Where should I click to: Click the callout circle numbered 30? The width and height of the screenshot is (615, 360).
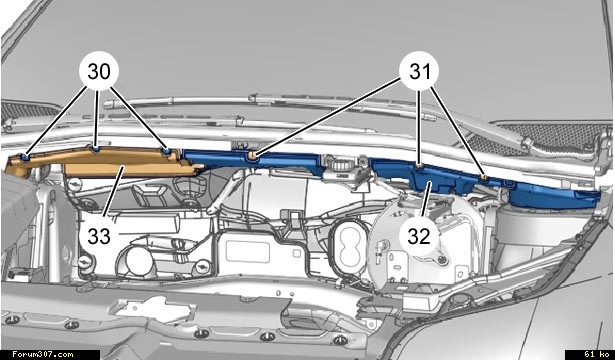tap(98, 71)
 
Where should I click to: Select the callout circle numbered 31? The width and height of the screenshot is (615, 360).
tap(419, 71)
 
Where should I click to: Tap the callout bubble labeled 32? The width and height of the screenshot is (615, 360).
tap(419, 236)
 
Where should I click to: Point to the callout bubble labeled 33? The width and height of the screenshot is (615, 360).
tap(98, 236)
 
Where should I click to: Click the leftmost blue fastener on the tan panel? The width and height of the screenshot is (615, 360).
tap(25, 157)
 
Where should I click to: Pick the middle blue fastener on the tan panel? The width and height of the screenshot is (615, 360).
tap(95, 149)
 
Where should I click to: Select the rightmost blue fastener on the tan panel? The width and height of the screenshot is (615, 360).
tap(167, 151)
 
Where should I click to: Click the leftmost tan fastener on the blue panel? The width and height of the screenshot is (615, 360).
tap(252, 156)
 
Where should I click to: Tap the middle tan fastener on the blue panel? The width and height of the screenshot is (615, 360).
tap(420, 167)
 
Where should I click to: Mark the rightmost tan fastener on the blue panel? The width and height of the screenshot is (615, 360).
tap(485, 178)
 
